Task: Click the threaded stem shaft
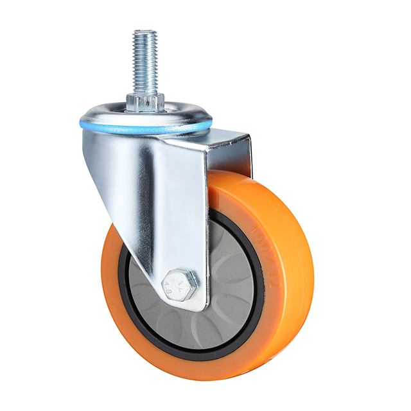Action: click(145, 61)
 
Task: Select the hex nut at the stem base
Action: click(145, 101)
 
